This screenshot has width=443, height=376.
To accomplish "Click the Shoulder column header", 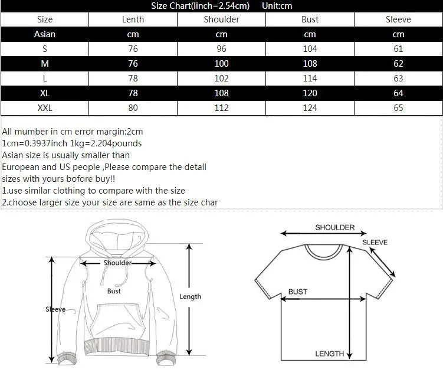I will point(221,19).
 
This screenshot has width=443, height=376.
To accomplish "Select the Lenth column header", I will point(133,19).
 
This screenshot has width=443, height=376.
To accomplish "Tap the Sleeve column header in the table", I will point(398,19).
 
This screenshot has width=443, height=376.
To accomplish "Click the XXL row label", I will point(45,108).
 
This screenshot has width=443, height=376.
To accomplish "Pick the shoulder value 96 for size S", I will point(221,49).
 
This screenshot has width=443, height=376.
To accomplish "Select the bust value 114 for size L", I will point(310,79).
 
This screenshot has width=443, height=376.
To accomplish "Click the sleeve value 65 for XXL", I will point(398,108).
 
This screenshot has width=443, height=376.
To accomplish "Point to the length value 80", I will point(133,108).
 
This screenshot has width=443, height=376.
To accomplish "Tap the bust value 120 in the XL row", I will point(310,93).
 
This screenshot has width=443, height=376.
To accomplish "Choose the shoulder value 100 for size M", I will point(221,64).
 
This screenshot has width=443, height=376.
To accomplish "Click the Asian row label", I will point(45,34).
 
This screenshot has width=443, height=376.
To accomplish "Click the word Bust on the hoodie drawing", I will point(114,291).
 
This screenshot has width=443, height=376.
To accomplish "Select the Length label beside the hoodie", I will point(191,296).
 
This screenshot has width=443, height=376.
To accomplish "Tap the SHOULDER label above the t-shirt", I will point(335,227).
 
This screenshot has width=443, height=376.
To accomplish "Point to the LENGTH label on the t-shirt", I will point(329,354).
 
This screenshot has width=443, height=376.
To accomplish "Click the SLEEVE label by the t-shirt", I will point(375,242).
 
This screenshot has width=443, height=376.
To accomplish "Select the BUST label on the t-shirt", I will point(297,292).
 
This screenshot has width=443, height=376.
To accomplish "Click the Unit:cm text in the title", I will point(277,6).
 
